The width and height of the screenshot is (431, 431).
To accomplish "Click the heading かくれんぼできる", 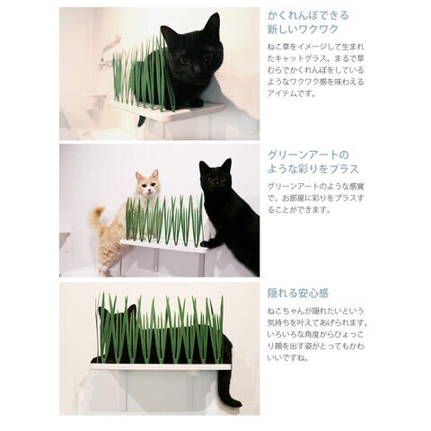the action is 308,15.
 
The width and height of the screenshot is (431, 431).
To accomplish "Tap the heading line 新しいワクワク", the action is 303,30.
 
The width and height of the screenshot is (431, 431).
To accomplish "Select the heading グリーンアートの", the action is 308,155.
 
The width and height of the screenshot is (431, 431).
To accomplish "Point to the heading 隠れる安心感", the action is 298,294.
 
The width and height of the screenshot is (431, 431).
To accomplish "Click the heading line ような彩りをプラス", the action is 313,169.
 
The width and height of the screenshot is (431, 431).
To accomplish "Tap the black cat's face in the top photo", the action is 195,60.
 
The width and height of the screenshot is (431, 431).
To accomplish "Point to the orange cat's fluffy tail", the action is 98,216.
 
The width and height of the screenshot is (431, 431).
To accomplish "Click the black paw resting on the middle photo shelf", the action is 208,243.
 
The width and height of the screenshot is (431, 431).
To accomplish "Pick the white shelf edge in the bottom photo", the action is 161,367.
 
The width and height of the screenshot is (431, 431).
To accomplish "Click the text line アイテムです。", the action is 292,93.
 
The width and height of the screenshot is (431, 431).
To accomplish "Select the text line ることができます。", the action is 299,210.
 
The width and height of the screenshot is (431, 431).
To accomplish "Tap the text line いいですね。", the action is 287,358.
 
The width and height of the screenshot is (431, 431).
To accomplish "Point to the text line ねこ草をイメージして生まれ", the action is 316,47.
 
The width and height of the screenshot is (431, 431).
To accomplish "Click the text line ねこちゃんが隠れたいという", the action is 316,312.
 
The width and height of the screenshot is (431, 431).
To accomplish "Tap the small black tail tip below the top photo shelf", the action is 142,120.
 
